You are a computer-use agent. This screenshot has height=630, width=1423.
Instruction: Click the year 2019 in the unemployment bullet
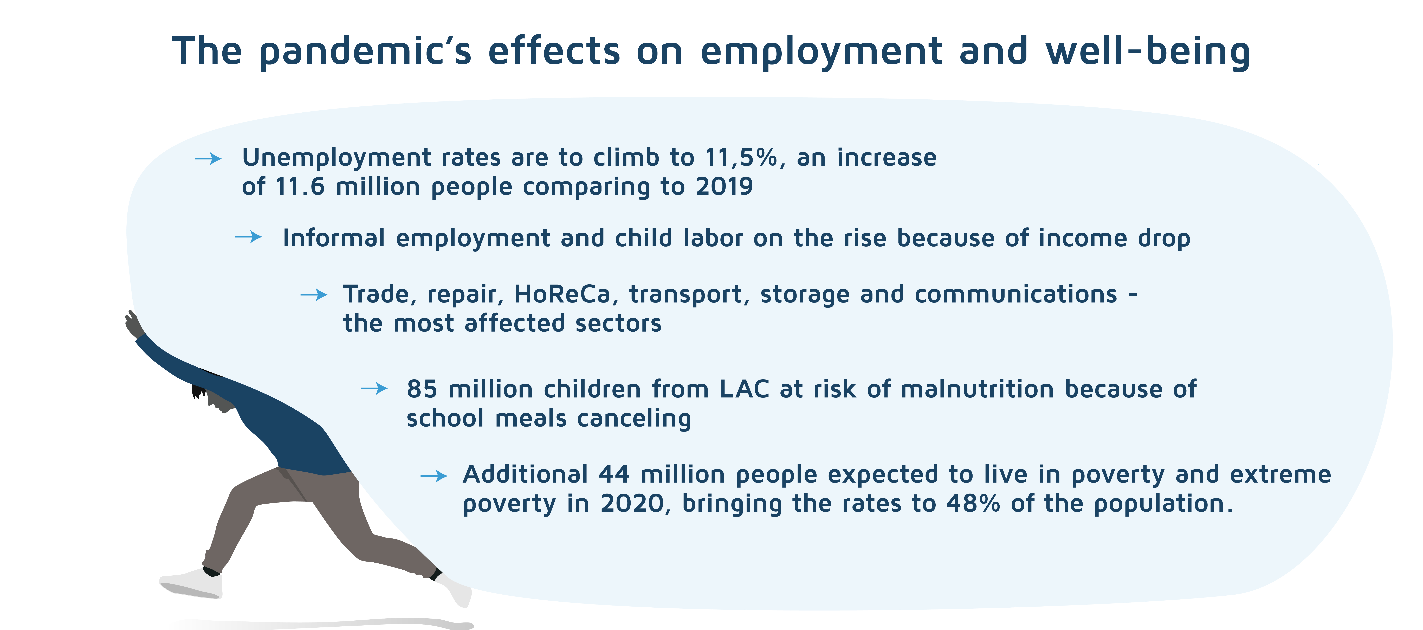(724, 187)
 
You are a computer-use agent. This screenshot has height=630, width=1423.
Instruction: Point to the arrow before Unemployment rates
(208, 159)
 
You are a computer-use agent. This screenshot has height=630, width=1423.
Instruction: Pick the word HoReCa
(562, 294)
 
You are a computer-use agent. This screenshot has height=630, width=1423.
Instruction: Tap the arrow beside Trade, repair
(314, 295)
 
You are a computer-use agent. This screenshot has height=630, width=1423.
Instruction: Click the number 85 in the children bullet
(422, 390)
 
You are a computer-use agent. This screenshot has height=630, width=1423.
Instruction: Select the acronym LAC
(744, 390)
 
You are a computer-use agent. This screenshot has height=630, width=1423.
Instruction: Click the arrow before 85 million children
(374, 389)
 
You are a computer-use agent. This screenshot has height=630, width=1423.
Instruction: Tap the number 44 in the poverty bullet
(614, 475)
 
